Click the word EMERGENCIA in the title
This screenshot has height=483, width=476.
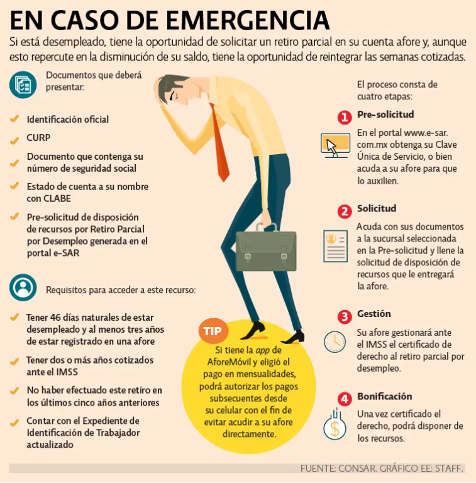[x=248, y=20]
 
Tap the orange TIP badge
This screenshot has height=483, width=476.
[x=213, y=331]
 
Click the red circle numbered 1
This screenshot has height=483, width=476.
[x=345, y=117]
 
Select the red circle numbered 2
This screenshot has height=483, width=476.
[x=345, y=211]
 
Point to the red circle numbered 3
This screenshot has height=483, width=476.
[x=345, y=316]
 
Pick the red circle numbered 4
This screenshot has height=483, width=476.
[x=345, y=399]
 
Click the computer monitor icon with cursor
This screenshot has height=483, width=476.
[x=335, y=145]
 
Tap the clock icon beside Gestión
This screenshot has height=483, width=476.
[x=335, y=341]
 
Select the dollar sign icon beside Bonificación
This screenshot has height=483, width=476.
[x=335, y=424]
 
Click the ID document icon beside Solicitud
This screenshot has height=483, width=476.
[x=336, y=246]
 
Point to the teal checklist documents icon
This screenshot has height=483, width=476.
[x=23, y=85]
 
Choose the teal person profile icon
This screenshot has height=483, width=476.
[x=23, y=287]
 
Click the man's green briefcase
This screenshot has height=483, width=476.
[x=266, y=248]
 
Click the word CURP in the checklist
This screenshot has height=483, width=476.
[x=38, y=138]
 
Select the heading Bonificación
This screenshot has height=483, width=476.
[x=385, y=396]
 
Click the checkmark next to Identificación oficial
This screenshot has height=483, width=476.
[x=14, y=119]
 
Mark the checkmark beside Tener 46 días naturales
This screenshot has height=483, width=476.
[x=14, y=317]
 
